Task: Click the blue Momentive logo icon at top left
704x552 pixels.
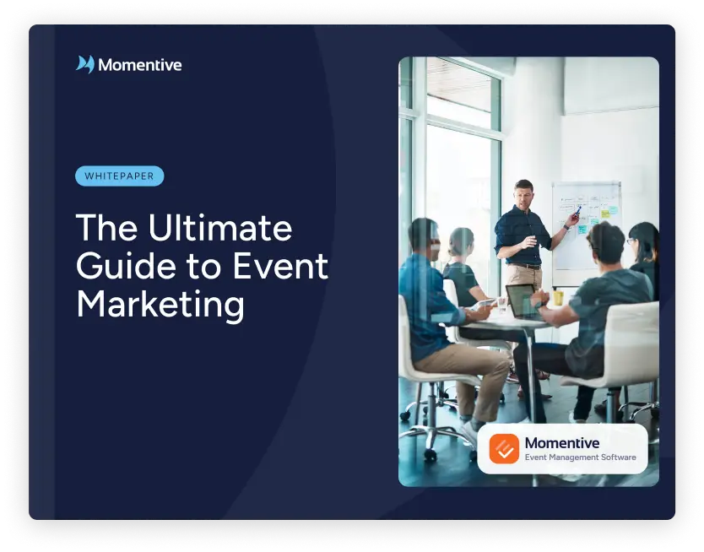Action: point(85,64)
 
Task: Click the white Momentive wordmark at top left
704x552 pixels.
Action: point(140,65)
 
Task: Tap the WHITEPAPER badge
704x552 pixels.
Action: point(119,176)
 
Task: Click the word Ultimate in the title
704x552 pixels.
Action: point(220,228)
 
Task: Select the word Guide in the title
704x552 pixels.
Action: point(126,266)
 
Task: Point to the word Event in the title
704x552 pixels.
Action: point(280,266)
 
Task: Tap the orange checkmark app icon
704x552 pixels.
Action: point(504,448)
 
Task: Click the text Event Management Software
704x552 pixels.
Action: point(580,457)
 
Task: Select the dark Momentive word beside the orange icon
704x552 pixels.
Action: point(562,443)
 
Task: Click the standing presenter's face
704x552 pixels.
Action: point(523,195)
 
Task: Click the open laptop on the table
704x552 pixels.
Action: point(523,301)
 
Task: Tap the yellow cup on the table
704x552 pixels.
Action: point(558,298)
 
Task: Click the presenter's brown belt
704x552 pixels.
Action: point(523,266)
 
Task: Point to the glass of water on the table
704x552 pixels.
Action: point(501,306)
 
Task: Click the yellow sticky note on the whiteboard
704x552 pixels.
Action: point(606,214)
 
